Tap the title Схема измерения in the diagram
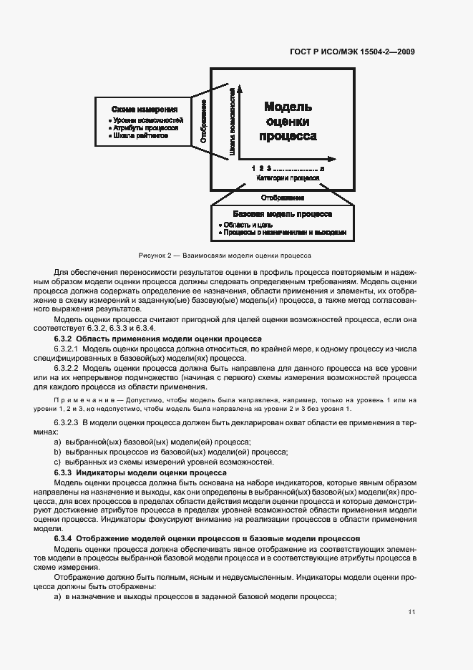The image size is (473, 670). pyautogui.click(x=144, y=110)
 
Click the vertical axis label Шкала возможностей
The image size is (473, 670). pyautogui.click(x=233, y=122)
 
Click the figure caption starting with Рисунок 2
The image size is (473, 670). pyautogui.click(x=225, y=255)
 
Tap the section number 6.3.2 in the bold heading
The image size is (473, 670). pyautogui.click(x=63, y=338)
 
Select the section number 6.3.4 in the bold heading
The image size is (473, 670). pyautogui.click(x=63, y=538)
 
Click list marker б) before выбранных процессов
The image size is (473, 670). pyautogui.click(x=57, y=452)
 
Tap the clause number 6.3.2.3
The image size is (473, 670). pyautogui.click(x=69, y=422)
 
